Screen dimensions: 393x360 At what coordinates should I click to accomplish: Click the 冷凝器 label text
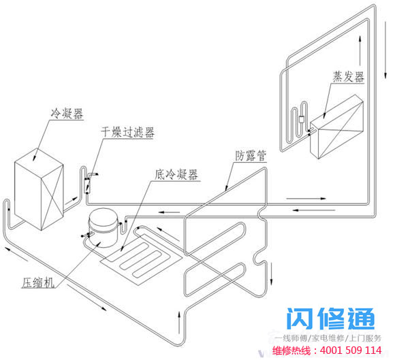67,114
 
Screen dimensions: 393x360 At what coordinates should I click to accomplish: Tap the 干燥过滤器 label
127,132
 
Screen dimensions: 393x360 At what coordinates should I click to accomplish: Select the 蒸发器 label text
348,77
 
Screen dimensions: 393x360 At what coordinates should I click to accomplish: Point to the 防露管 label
251,156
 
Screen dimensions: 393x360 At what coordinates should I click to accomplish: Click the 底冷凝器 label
176,174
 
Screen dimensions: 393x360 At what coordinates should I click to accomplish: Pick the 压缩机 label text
38,283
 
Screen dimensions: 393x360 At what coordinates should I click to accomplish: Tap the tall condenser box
39,189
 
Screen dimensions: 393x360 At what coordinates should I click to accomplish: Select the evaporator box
337,127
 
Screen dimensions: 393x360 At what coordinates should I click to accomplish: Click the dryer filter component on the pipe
87,186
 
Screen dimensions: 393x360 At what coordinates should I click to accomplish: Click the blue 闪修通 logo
330,318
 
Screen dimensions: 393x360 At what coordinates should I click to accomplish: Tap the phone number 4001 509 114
351,350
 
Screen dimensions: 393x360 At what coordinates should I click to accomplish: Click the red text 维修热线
292,350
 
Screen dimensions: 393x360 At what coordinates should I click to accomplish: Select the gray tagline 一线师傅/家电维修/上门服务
328,338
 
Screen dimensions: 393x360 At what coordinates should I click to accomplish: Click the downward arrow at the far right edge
386,50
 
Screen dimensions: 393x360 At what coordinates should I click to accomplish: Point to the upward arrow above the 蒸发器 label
360,50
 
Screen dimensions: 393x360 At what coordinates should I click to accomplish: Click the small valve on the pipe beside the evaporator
301,119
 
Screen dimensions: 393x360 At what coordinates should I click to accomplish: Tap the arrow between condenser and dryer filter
72,200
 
